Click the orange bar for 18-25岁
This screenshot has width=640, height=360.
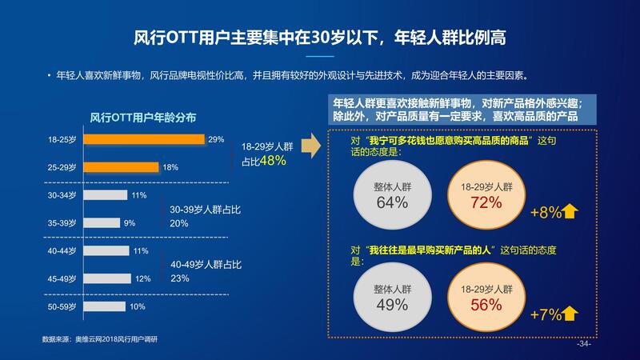[x=144, y=140]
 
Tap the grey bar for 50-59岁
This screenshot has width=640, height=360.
[x=103, y=306]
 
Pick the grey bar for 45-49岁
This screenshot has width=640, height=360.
[x=107, y=278]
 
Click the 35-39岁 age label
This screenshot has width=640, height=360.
[x=62, y=223]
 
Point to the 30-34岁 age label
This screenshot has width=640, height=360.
[x=62, y=195]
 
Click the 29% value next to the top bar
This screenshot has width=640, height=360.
[x=216, y=140]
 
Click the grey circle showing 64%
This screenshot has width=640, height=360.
[x=392, y=195]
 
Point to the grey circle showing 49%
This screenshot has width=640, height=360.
[x=392, y=297]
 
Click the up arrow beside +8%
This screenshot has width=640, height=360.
[x=570, y=212]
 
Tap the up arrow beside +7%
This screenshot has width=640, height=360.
[x=570, y=314]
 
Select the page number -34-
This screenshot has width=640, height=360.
[x=583, y=345]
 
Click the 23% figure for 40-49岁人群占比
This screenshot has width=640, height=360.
[x=179, y=278]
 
